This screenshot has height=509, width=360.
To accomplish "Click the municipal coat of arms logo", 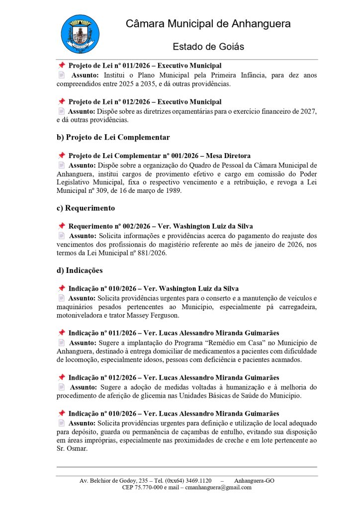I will tap(80, 34).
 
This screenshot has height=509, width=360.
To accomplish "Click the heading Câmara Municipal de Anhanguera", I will tap(208, 24).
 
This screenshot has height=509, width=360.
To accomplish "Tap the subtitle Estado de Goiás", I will tap(208, 47).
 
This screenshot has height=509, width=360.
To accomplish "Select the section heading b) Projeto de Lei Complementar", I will tap(113, 137).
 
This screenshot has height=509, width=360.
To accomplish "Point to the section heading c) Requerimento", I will tap(86, 208).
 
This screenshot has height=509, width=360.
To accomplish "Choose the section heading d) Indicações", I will tap(80, 270).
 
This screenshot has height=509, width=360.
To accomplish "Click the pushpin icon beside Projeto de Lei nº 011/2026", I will tap(62, 66).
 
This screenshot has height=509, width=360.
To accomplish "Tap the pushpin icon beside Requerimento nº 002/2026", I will tap(62, 226).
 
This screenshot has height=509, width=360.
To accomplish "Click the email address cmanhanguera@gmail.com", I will tap(219, 488).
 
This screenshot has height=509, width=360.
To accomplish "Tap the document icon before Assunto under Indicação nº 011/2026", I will tap(62, 342).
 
